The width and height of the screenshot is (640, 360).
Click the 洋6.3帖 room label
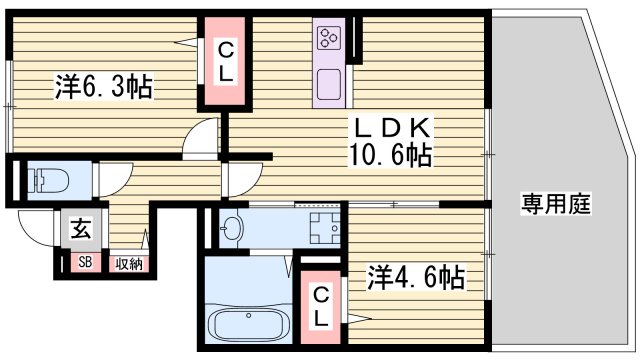(x=103, y=88)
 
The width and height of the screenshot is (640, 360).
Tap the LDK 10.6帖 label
(x=390, y=141)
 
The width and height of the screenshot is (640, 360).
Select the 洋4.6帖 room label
(x=415, y=277)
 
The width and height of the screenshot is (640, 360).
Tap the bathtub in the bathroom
(x=247, y=325)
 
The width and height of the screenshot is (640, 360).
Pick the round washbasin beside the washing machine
(x=233, y=228)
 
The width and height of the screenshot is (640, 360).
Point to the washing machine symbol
(x=322, y=228)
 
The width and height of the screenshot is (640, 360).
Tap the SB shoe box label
(x=85, y=264)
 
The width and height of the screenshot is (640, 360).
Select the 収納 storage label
(x=128, y=264)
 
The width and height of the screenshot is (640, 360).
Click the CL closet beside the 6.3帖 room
(x=227, y=61)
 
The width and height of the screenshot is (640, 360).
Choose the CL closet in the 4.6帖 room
(x=321, y=305)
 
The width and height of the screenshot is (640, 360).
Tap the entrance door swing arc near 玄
(x=37, y=241)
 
